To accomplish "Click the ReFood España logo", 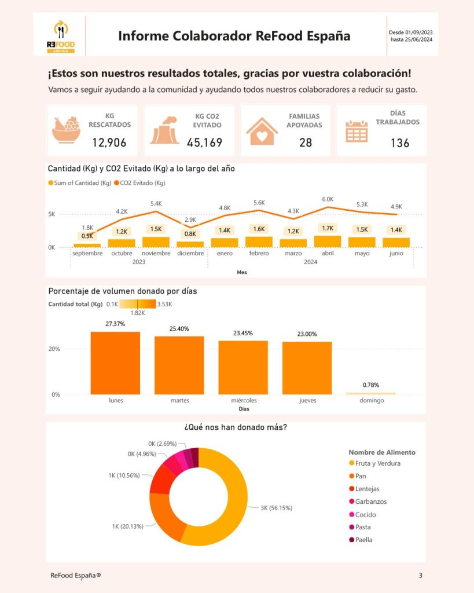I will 60,36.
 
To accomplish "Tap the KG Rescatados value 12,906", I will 109,142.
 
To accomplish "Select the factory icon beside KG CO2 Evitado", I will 164,130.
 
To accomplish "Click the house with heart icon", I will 262,131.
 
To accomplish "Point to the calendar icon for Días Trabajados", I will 357,131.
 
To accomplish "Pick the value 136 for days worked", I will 399,142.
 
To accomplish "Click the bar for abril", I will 327,241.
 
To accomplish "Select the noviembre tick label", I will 155,253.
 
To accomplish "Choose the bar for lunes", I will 115,363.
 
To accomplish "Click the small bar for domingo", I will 371,393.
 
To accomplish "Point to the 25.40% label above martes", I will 179,328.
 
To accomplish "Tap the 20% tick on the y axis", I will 54,349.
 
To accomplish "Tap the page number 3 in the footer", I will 420,575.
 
